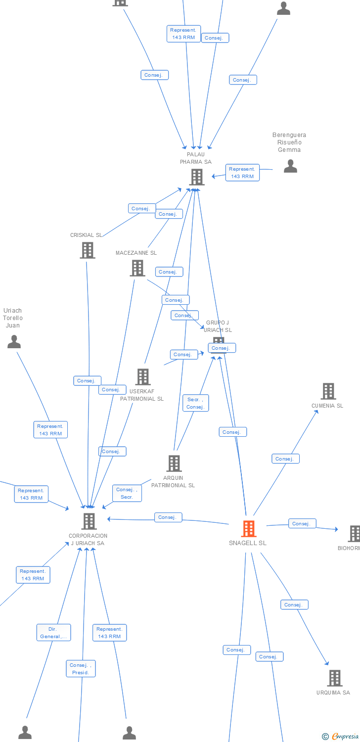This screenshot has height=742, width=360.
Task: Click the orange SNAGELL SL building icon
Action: (248, 528)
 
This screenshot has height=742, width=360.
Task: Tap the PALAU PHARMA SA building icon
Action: (196, 177)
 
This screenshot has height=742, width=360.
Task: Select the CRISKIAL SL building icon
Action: (88, 250)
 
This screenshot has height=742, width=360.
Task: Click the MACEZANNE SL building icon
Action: (137, 268)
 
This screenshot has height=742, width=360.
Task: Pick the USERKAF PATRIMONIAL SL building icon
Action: (142, 377)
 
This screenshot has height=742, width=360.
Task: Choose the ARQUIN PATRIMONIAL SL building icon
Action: (174, 464)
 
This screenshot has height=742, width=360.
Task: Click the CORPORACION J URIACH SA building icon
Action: (89, 521)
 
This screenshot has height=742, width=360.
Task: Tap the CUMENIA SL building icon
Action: (328, 391)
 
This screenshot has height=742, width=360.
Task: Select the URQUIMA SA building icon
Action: (334, 678)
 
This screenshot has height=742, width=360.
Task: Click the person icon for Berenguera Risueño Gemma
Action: (290, 166)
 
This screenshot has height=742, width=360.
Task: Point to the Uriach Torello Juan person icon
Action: (14, 341)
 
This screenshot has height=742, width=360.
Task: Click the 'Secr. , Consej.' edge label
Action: (195, 403)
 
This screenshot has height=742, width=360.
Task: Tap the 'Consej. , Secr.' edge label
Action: (127, 493)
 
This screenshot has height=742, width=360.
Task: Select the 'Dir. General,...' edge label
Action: (53, 633)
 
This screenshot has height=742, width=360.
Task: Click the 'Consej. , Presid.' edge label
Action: (81, 669)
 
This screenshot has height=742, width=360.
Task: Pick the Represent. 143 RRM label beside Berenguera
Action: (242, 173)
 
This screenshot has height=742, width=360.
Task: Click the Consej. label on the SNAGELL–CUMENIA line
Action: (285, 459)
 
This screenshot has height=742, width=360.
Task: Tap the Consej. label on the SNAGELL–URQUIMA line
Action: (294, 604)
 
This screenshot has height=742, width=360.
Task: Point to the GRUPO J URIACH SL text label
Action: (218, 326)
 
